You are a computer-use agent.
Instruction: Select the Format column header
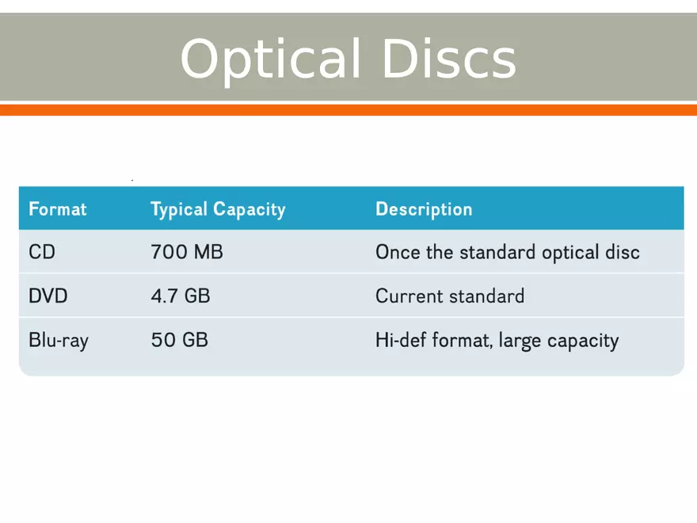click(57, 209)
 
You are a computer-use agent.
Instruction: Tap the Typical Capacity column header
click(218, 209)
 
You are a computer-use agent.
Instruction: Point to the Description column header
click(424, 209)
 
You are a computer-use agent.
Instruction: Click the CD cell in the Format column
click(42, 253)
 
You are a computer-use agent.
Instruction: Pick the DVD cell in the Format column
click(48, 296)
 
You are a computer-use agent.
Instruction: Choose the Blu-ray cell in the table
click(59, 341)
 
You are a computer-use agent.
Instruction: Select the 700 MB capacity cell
click(187, 253)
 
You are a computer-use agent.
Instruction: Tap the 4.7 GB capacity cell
click(181, 296)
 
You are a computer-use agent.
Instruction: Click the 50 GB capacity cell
click(180, 341)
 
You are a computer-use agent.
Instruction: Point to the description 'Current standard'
click(450, 296)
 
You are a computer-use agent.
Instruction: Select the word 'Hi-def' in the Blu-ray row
click(401, 341)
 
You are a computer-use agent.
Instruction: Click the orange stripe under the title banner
click(348, 110)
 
